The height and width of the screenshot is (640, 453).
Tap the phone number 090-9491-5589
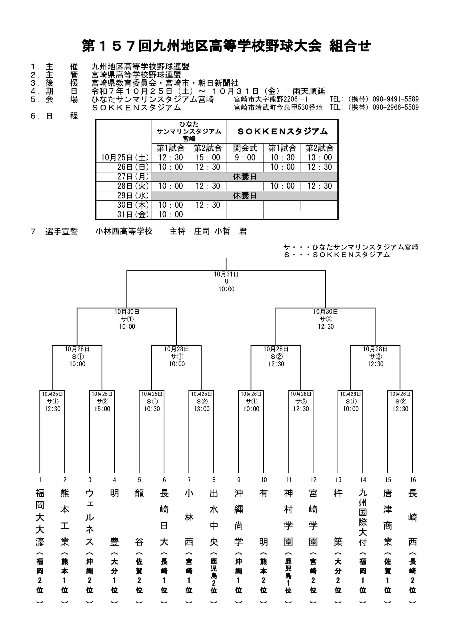(395, 99)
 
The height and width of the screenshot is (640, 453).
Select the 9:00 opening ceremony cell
(245, 157)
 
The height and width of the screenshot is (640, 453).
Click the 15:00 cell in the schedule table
(208, 157)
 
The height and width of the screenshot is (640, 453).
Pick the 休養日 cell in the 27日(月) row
(245, 177)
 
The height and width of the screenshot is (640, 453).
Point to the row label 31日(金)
(133, 214)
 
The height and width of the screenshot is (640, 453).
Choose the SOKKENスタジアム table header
(282, 131)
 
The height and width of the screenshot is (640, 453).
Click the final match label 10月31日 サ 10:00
(226, 282)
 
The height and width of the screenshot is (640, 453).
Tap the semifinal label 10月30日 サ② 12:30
(326, 319)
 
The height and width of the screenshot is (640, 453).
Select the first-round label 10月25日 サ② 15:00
(102, 401)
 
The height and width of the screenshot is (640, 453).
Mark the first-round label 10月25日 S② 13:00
(202, 401)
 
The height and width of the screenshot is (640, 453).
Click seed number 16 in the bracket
(413, 480)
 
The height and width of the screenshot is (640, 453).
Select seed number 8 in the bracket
(214, 480)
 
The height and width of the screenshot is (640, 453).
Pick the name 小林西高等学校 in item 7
(124, 231)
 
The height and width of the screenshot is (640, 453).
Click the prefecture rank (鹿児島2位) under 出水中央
(214, 578)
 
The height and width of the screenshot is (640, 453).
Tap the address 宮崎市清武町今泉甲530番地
(278, 108)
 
